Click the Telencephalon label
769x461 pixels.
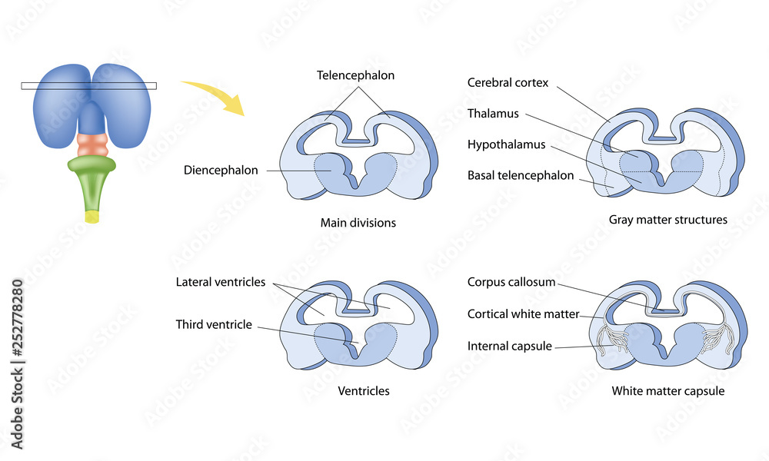coord(355,75)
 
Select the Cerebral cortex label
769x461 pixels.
coord(508,83)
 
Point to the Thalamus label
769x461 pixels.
coord(493,114)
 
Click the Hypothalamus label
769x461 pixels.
coord(506,144)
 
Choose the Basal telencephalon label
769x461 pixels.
coord(521,175)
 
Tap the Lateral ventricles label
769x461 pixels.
coord(220,282)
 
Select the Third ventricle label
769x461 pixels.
coord(213,324)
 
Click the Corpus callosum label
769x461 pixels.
coord(511,282)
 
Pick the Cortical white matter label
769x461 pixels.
coord(522,313)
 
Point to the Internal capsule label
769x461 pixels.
coord(509,346)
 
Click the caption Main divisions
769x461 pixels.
coord(358,223)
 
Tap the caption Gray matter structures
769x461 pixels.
coord(667,220)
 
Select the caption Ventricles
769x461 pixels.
coord(364,391)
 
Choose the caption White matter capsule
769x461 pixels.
coord(667,391)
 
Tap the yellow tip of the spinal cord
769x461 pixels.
coord(92,217)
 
